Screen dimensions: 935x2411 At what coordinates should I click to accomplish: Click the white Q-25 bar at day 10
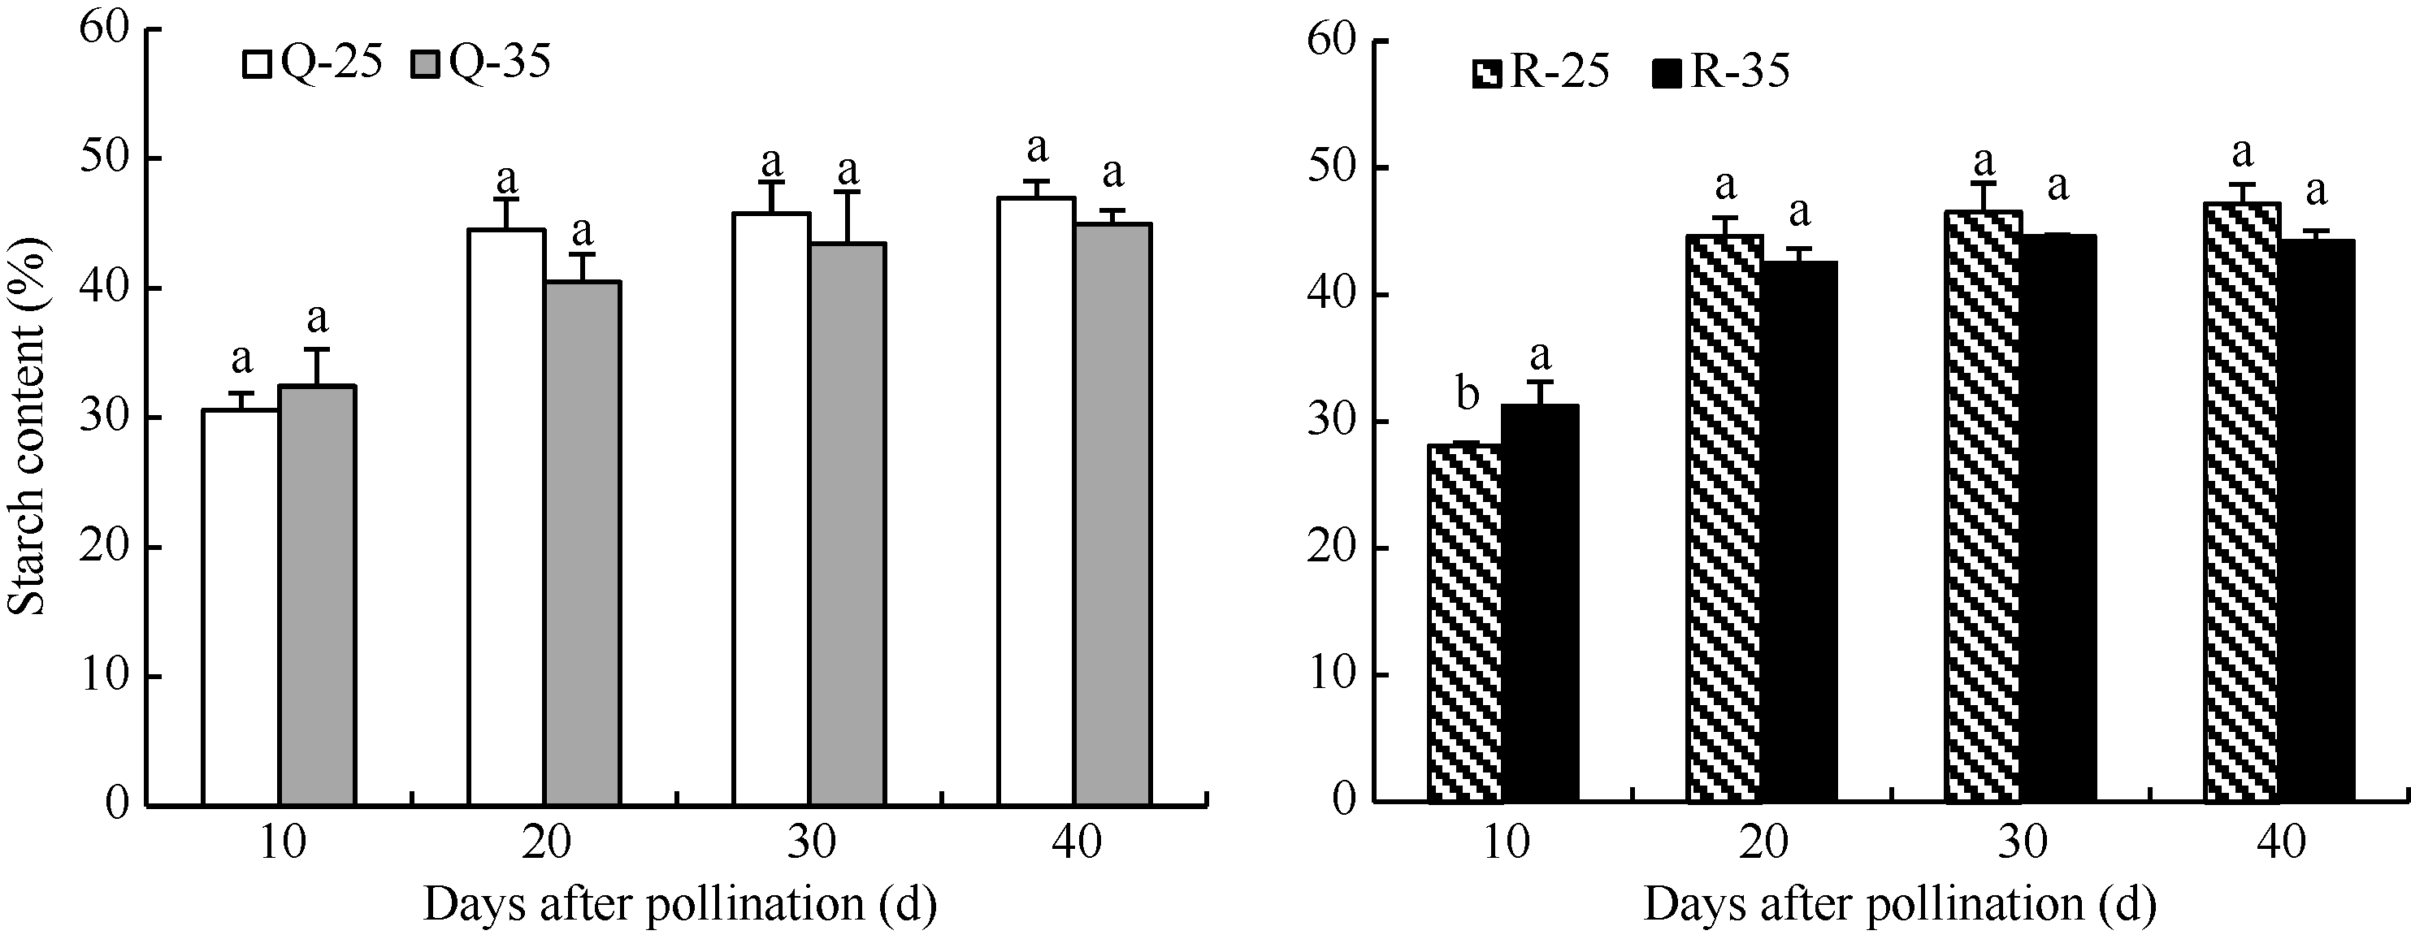[241, 608]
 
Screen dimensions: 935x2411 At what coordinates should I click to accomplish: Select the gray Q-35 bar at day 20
[582, 543]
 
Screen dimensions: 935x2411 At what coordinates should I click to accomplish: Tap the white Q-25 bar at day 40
[1036, 500]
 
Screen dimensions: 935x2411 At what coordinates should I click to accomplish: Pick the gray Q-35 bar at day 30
[848, 524]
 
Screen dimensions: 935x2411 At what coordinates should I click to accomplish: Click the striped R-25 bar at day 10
[1466, 622]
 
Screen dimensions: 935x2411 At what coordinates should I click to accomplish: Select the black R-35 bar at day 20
[1799, 534]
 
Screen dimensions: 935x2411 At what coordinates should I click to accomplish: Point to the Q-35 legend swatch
[426, 64]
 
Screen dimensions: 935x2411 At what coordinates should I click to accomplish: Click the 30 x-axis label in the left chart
[810, 842]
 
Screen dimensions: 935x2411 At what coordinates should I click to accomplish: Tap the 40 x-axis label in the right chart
[2281, 842]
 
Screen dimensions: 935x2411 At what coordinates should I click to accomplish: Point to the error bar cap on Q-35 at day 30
[848, 192]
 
